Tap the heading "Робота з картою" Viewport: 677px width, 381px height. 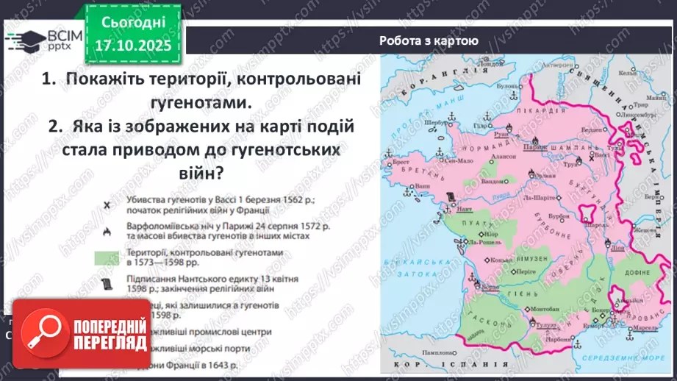[429, 41]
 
